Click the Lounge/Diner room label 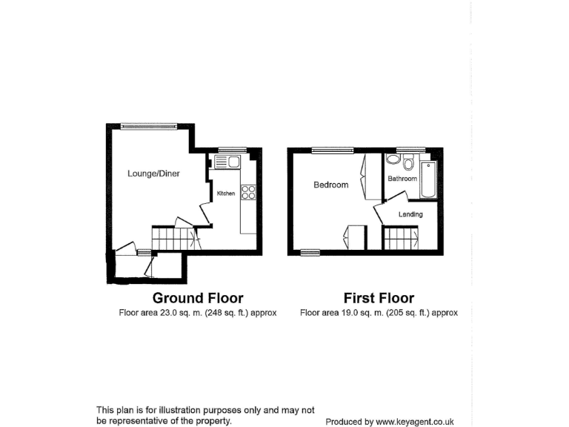click(x=153, y=174)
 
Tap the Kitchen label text click(x=225, y=193)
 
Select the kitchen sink click(x=225, y=162)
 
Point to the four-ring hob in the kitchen click(x=248, y=193)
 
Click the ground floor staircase click(x=173, y=239)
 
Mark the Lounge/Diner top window click(x=150, y=125)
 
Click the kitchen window click(x=226, y=150)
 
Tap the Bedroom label click(x=330, y=185)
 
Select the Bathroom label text click(x=402, y=179)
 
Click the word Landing click(x=410, y=215)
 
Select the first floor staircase click(x=400, y=239)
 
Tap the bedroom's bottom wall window click(x=310, y=253)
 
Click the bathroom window click(x=405, y=150)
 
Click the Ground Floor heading click(x=198, y=298)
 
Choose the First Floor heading click(x=379, y=298)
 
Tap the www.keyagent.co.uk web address click(x=414, y=422)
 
